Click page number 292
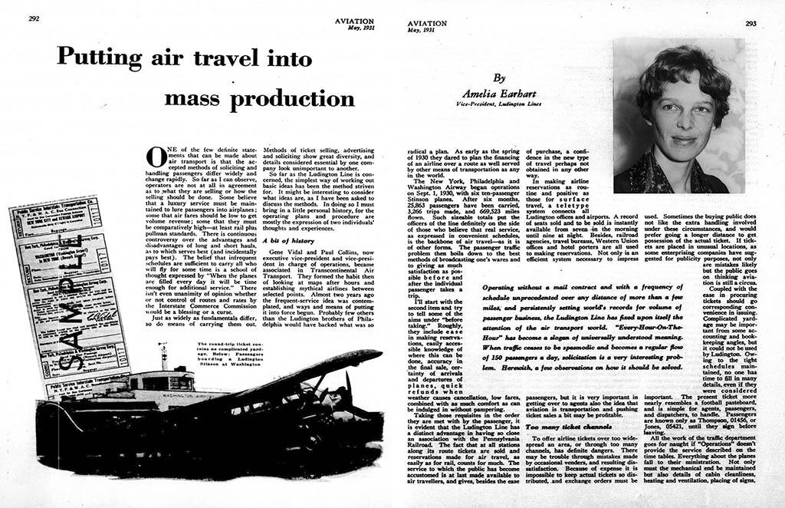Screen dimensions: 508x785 [x=34, y=19]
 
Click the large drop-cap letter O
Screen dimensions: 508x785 [x=156, y=157]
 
